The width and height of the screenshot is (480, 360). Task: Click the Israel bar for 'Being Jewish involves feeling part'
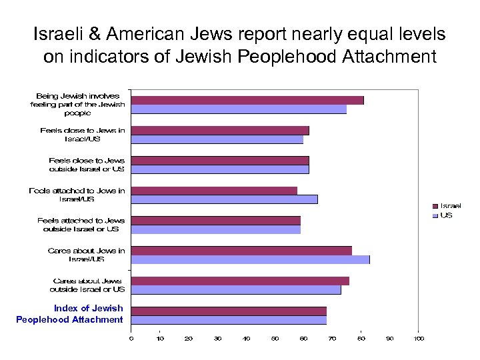point(247,100)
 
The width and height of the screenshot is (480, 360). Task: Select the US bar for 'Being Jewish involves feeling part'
point(238,109)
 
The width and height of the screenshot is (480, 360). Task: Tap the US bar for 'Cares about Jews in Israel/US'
point(250,259)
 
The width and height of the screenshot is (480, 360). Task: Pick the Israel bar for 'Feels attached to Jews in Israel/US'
point(213,191)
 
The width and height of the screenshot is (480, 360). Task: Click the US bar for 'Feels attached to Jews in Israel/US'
point(224,199)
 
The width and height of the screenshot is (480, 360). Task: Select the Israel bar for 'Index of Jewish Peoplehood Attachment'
point(228,311)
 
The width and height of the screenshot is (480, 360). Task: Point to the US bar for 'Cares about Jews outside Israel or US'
point(235,289)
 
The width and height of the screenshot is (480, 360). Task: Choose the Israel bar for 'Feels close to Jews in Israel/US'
point(219,131)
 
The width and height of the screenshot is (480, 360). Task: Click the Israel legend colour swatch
point(435,206)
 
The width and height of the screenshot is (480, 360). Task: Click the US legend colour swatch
point(435,215)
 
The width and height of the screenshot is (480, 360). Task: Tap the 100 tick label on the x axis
point(418,339)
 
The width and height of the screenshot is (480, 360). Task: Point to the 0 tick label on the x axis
point(131,339)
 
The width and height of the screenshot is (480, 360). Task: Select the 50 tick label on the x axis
point(275,339)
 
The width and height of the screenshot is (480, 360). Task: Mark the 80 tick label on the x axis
point(361,339)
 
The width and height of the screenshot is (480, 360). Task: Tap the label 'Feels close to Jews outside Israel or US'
point(86,165)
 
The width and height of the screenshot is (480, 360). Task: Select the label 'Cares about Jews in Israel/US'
point(86,255)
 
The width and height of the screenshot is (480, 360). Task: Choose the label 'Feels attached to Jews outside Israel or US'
point(81,225)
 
